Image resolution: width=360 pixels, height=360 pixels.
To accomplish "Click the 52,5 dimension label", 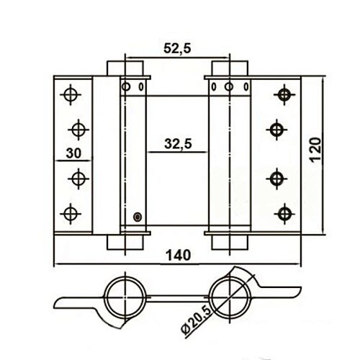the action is pos(177,48).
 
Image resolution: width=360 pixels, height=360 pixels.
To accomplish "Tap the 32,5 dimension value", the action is pos(178,144).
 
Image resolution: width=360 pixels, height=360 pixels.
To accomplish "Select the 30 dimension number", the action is pos(73,153).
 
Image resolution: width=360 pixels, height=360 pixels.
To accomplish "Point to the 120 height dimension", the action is pos(315,150).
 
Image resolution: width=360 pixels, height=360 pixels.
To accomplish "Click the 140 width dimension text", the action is pos(179,255).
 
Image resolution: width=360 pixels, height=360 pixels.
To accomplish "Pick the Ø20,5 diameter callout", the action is pos(196,315).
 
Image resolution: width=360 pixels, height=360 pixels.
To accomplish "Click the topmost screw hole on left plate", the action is pos(71,94).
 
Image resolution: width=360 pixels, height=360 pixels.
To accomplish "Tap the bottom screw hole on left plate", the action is pos(71,214).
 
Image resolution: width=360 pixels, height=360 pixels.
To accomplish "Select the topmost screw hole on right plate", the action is pos(284,94).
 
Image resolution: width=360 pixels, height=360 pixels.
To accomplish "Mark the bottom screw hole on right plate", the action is pos(284,214).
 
